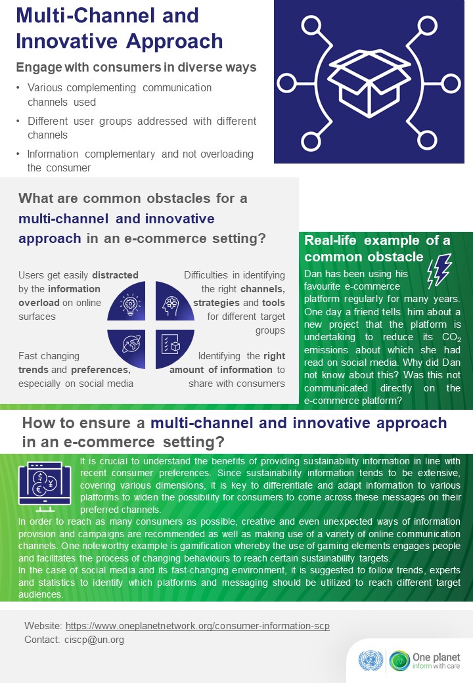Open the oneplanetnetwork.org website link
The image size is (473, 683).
click(197, 626)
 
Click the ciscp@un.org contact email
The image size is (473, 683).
click(94, 640)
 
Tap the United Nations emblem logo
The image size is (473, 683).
click(371, 661)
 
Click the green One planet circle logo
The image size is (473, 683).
click(399, 661)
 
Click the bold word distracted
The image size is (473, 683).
click(115, 275)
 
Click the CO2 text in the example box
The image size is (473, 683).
click(452, 338)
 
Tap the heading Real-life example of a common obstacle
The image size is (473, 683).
click(377, 248)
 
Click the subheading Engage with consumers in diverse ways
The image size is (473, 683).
click(137, 68)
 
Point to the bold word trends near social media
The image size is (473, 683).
click(33, 370)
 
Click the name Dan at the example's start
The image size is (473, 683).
click(312, 274)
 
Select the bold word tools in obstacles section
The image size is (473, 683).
click(273, 303)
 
